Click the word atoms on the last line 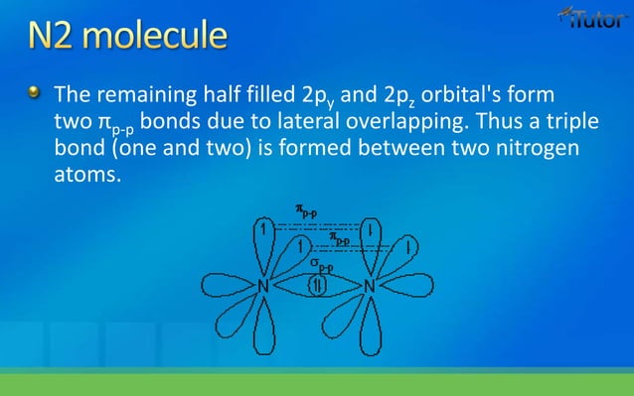click(80, 177)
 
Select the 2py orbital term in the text click(324, 98)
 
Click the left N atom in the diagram click(264, 286)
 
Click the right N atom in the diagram click(369, 286)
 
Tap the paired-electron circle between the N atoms click(317, 286)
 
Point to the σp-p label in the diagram click(319, 265)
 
